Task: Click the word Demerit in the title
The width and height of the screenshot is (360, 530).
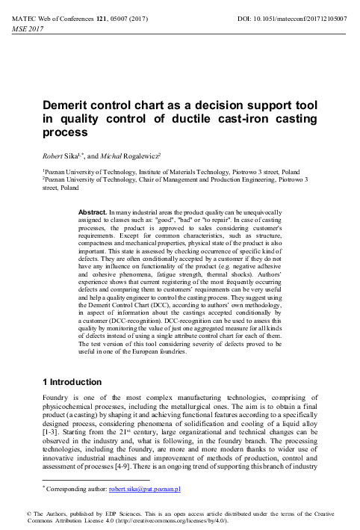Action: [70, 109]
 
